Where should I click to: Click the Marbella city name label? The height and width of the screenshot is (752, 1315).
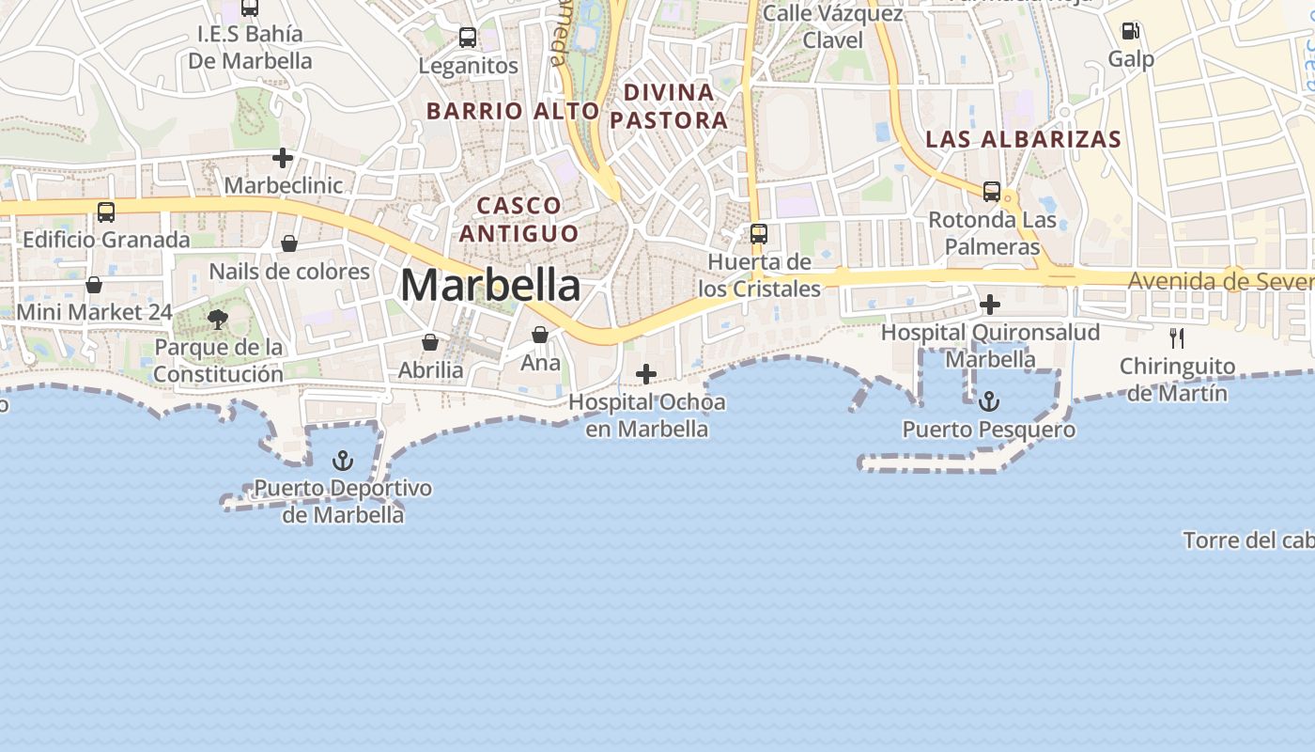pos(490,285)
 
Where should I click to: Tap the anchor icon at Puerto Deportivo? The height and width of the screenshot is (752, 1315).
pos(343,461)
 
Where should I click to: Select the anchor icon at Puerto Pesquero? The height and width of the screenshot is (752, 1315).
pos(988,402)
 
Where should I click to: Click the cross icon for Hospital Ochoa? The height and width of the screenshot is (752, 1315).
pos(646,374)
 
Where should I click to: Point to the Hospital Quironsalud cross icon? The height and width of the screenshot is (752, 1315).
pos(989,305)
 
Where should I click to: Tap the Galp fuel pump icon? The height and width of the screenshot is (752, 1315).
pos(1130,31)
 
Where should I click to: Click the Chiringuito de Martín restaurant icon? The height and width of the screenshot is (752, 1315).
pos(1176,337)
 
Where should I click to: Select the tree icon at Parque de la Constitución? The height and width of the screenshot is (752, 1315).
pos(218,320)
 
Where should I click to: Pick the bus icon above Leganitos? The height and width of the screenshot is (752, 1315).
pos(468,38)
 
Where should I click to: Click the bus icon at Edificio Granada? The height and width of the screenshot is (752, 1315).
pos(106,212)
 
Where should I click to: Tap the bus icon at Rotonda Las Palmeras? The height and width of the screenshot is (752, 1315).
pos(992,192)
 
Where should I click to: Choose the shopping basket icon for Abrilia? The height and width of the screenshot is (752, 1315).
pos(430,342)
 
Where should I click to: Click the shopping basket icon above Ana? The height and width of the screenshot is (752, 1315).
pos(540,335)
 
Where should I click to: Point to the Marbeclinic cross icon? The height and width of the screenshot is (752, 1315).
pos(283,158)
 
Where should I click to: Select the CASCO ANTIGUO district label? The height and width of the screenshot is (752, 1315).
pos(518,219)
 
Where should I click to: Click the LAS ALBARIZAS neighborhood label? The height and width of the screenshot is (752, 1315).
pos(1023,139)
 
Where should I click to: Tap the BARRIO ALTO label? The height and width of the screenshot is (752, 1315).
pos(512,111)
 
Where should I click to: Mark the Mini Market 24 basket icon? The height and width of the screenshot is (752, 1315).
pos(94,285)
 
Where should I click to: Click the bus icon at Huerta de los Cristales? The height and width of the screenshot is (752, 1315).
pos(759,233)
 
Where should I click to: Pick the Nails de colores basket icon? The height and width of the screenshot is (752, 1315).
pos(289,244)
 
